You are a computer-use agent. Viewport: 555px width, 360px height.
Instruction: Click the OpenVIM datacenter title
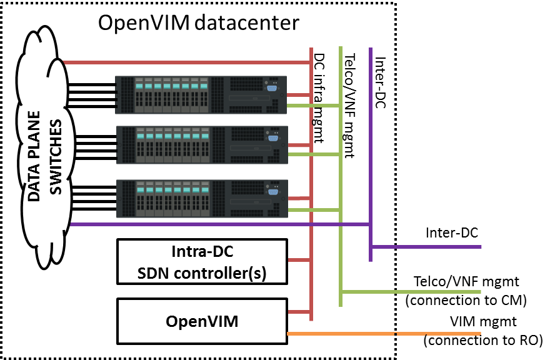(x=199, y=23)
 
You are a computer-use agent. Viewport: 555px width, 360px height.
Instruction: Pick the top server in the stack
(x=201, y=95)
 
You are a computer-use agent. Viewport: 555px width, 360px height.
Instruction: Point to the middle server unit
(x=201, y=145)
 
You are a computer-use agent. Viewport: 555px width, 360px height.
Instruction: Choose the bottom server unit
(x=201, y=199)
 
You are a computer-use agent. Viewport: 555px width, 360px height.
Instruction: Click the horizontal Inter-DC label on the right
(x=452, y=232)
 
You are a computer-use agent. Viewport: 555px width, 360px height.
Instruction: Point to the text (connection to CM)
(x=466, y=301)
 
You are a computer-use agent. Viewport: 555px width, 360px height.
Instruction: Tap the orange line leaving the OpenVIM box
(x=375, y=335)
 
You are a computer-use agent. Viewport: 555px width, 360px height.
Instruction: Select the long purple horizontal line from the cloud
(x=219, y=224)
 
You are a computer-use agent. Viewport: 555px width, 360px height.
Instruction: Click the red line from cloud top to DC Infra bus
(x=187, y=62)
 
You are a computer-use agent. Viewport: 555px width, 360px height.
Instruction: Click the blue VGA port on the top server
(x=272, y=88)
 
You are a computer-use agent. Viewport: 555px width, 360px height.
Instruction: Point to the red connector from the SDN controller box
(x=299, y=259)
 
